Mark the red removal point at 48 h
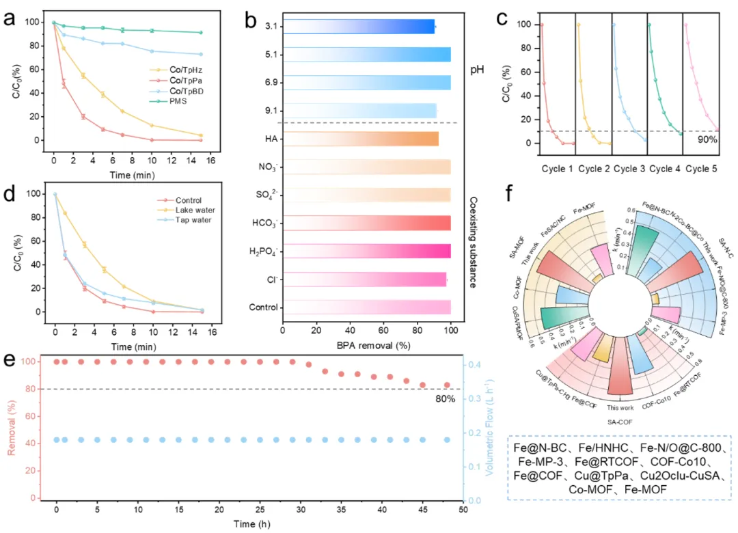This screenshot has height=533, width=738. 447,385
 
